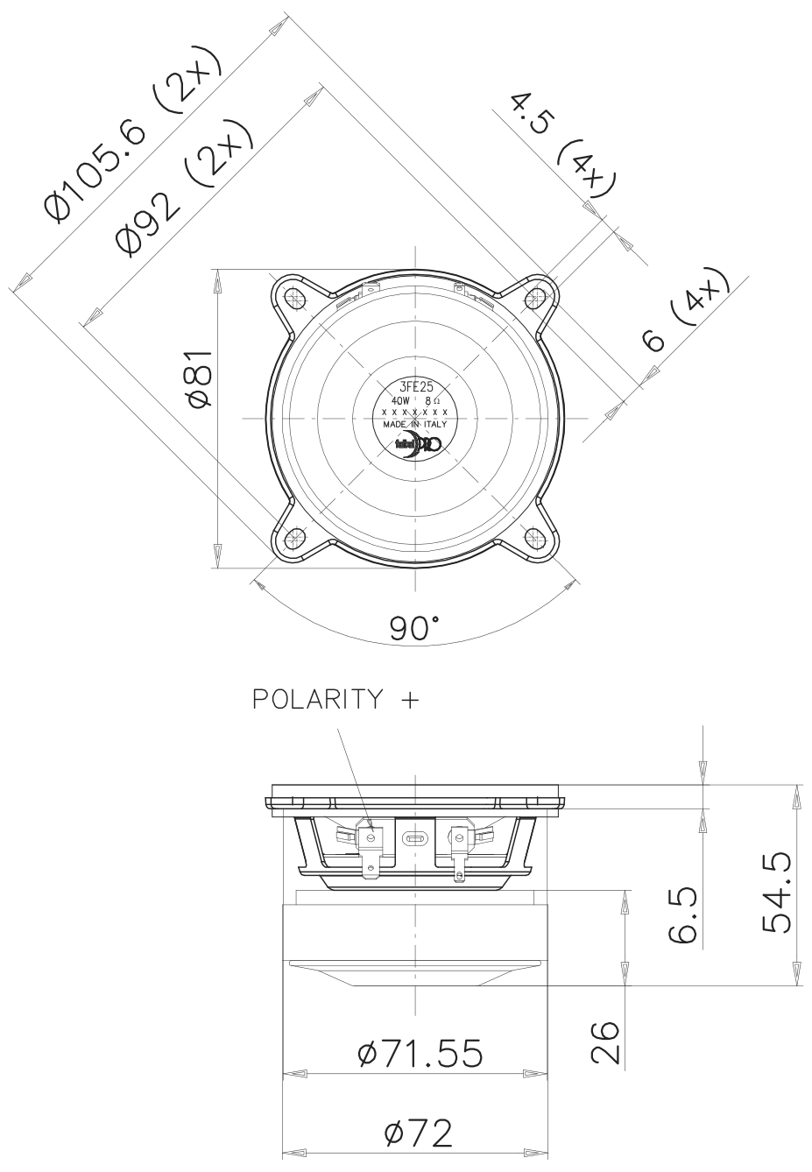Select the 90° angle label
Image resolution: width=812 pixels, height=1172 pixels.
click(414, 628)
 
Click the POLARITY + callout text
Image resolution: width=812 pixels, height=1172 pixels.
click(335, 700)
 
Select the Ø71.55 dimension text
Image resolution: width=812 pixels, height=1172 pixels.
click(420, 1055)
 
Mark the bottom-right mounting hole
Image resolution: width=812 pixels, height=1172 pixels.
click(533, 537)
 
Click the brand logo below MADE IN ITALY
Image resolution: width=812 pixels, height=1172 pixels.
click(418, 444)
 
